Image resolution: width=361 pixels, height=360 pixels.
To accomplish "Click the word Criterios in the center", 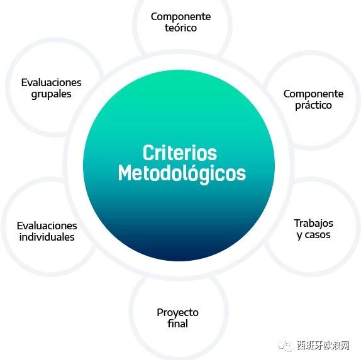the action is tap(180, 153).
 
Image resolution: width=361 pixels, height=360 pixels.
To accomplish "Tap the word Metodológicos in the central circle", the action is tap(182, 173).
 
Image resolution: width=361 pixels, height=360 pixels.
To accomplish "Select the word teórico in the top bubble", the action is tap(181, 28).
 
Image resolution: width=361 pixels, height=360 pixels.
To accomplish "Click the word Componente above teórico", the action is tap(181, 17).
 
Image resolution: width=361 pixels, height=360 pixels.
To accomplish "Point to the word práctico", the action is tap(313, 106).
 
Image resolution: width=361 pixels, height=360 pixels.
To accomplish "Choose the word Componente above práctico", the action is tap(313, 94).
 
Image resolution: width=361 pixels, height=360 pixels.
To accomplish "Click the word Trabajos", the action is tap(313, 224).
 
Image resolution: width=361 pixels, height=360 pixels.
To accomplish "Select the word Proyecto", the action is tap(177, 313).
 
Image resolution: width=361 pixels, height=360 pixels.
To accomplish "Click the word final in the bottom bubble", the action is tap(177, 324).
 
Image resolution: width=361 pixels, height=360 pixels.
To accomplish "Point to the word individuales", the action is tap(47, 237).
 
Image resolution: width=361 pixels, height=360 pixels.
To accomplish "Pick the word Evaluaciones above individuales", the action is tap(47, 226).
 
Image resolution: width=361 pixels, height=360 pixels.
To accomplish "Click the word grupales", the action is tap(51, 94).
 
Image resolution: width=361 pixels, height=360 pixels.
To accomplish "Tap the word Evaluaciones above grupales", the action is tap(51, 82).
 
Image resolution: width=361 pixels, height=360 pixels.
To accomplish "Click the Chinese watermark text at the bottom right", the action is tap(323, 346).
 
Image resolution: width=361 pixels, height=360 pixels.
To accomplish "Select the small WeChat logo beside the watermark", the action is tap(285, 346).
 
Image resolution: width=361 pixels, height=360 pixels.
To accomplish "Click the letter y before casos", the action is tap(300, 236).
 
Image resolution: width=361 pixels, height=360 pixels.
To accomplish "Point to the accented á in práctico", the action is tap(308, 105).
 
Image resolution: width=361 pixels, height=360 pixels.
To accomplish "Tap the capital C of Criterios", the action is tap(148, 153).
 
